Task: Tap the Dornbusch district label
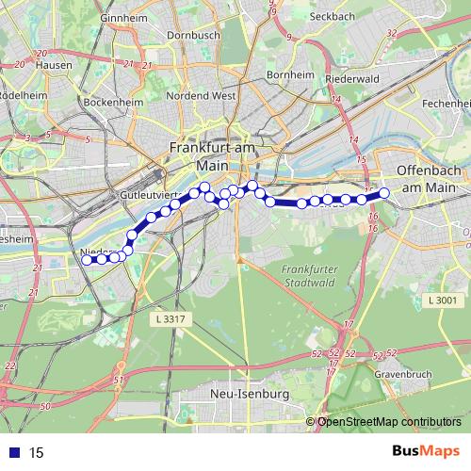click(x=192, y=35)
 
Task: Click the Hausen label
click(x=53, y=66)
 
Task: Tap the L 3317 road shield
click(x=167, y=320)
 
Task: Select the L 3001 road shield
click(x=441, y=300)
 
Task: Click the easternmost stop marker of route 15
click(x=383, y=194)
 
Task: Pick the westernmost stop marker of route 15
click(x=87, y=260)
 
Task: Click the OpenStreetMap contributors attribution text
click(x=388, y=421)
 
